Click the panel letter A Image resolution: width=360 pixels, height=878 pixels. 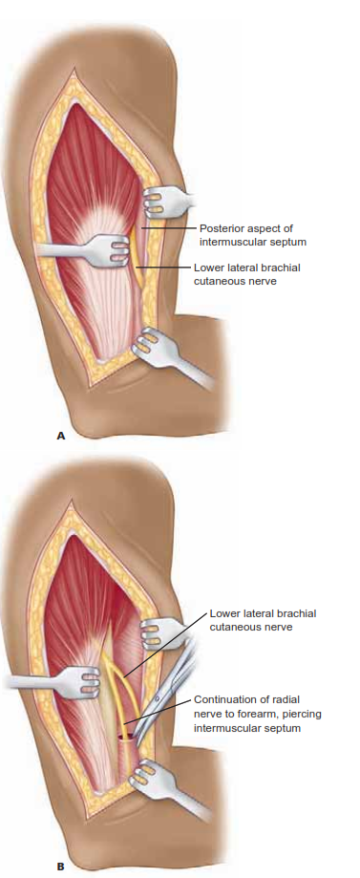pos(60,435)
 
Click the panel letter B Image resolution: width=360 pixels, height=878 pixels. pos(60,867)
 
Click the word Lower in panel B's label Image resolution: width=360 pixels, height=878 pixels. pos(226,612)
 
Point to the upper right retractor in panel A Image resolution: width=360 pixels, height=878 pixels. pos(170,200)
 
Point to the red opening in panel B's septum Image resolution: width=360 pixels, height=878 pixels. pos(125,739)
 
